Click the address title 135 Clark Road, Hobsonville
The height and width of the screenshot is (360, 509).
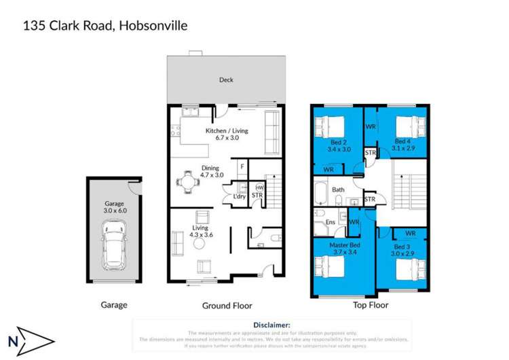click(x=105, y=26)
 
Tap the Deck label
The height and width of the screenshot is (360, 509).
click(x=226, y=80)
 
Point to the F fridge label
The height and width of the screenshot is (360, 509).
click(x=242, y=166)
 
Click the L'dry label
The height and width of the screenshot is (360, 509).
click(x=240, y=197)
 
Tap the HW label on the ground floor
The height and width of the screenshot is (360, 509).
click(x=259, y=188)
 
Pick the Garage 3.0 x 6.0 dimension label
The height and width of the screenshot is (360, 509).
click(x=115, y=207)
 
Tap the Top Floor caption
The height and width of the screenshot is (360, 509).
click(x=370, y=305)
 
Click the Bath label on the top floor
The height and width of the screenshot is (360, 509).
click(x=338, y=190)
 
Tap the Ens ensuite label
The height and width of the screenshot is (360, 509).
click(x=331, y=221)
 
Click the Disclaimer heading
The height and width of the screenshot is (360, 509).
click(x=271, y=326)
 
